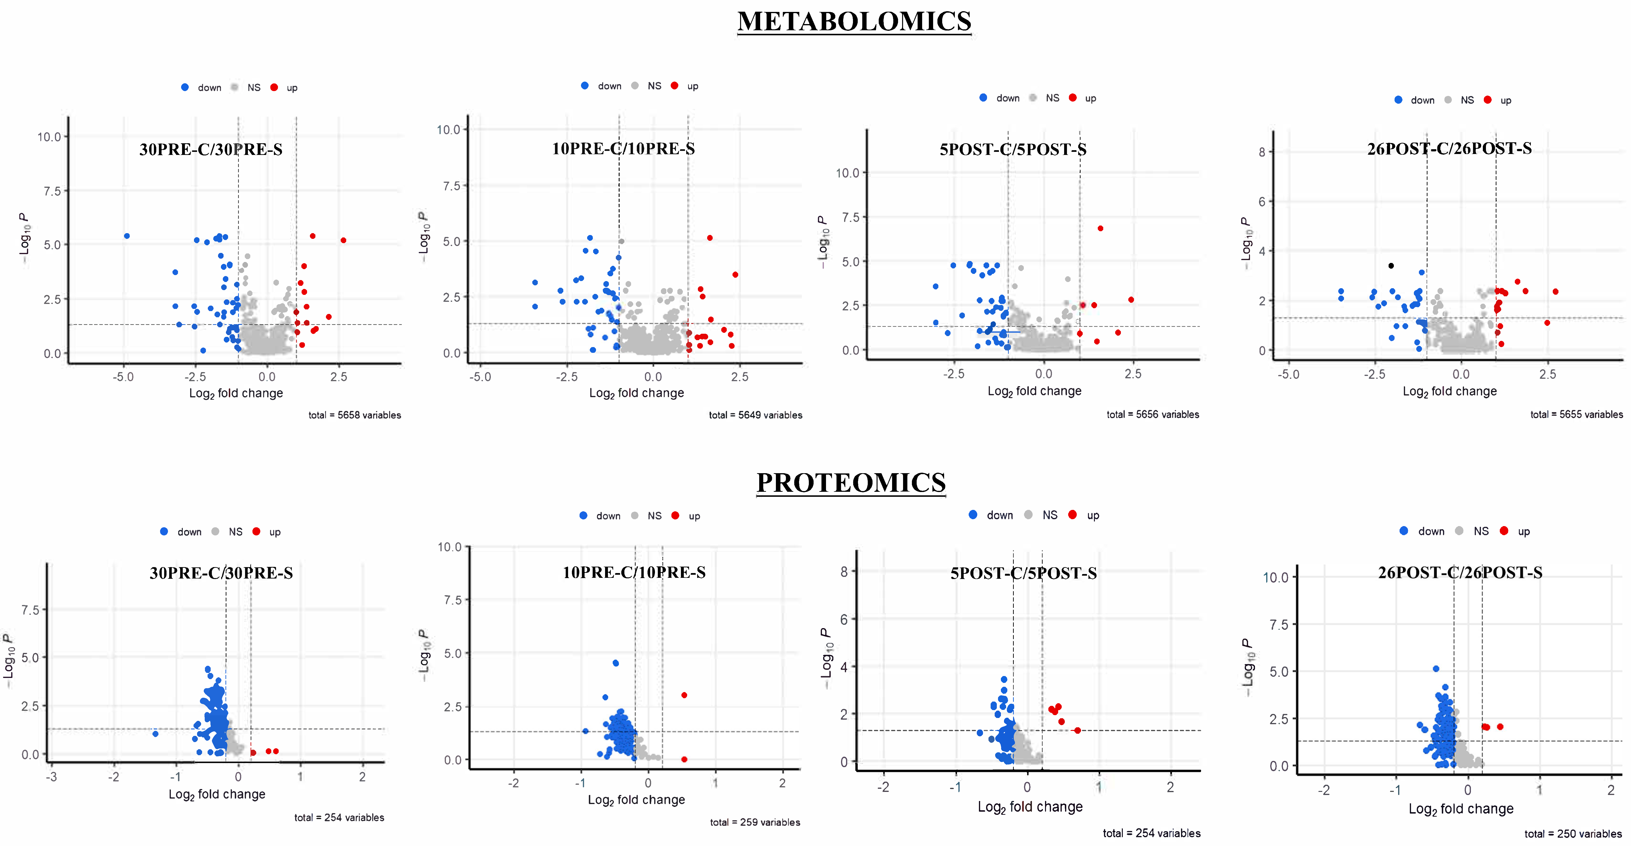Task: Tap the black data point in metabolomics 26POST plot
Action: [1391, 266]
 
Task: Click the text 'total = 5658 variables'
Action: [355, 415]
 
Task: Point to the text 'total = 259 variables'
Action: [755, 822]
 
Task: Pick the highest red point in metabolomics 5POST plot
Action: [1100, 228]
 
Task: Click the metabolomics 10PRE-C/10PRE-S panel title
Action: [623, 149]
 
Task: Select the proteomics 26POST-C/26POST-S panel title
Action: [1460, 573]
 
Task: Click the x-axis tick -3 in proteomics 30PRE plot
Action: [52, 776]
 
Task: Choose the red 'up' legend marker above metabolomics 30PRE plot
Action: [274, 87]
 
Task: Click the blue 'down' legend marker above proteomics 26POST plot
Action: [1404, 531]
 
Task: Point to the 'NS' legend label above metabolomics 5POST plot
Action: [1052, 98]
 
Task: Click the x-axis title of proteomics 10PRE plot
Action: [636, 800]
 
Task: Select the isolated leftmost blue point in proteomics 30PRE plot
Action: [155, 733]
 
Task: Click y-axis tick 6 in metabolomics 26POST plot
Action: [1262, 202]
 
